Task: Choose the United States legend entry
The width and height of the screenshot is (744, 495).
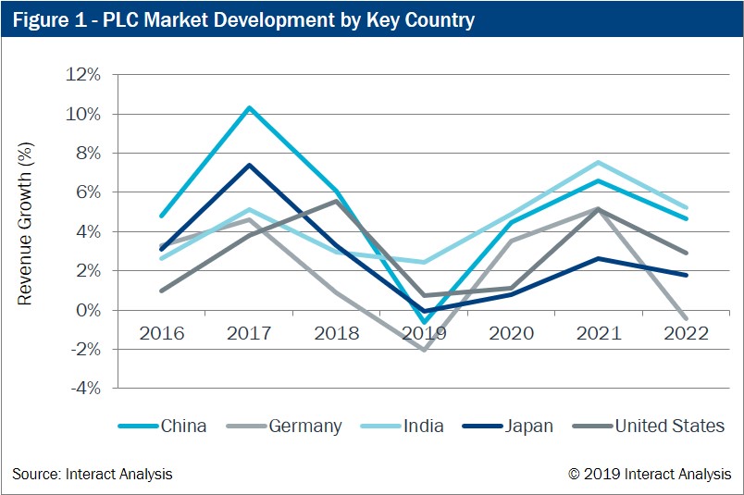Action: click(x=648, y=427)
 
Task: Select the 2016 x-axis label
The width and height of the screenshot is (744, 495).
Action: click(x=162, y=333)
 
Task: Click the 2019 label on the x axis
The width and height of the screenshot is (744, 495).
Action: click(x=425, y=333)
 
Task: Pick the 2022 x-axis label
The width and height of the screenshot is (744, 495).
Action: click(x=686, y=333)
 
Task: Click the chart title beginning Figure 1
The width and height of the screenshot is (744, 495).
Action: click(x=242, y=19)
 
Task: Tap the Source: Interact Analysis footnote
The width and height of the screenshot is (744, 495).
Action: click(x=92, y=475)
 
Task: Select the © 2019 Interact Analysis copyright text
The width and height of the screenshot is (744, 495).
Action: click(x=650, y=475)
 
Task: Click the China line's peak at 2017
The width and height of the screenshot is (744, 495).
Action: click(x=249, y=107)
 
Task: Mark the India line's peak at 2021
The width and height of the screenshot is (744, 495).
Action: click(x=599, y=162)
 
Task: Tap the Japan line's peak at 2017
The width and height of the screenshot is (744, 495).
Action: click(x=249, y=165)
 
